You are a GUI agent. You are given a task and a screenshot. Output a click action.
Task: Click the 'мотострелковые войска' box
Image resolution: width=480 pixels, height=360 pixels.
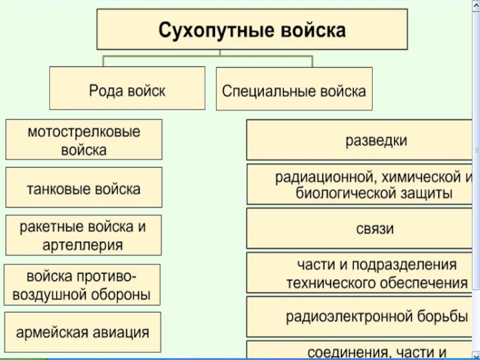click(x=83, y=139)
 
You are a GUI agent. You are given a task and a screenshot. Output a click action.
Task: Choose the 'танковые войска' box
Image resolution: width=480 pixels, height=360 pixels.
click(x=83, y=188)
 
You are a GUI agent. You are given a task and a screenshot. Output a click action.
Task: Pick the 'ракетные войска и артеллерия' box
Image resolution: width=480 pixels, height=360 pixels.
click(x=83, y=235)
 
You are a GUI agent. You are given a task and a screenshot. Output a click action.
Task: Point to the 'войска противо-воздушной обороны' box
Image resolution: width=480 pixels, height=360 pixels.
click(x=82, y=285)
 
